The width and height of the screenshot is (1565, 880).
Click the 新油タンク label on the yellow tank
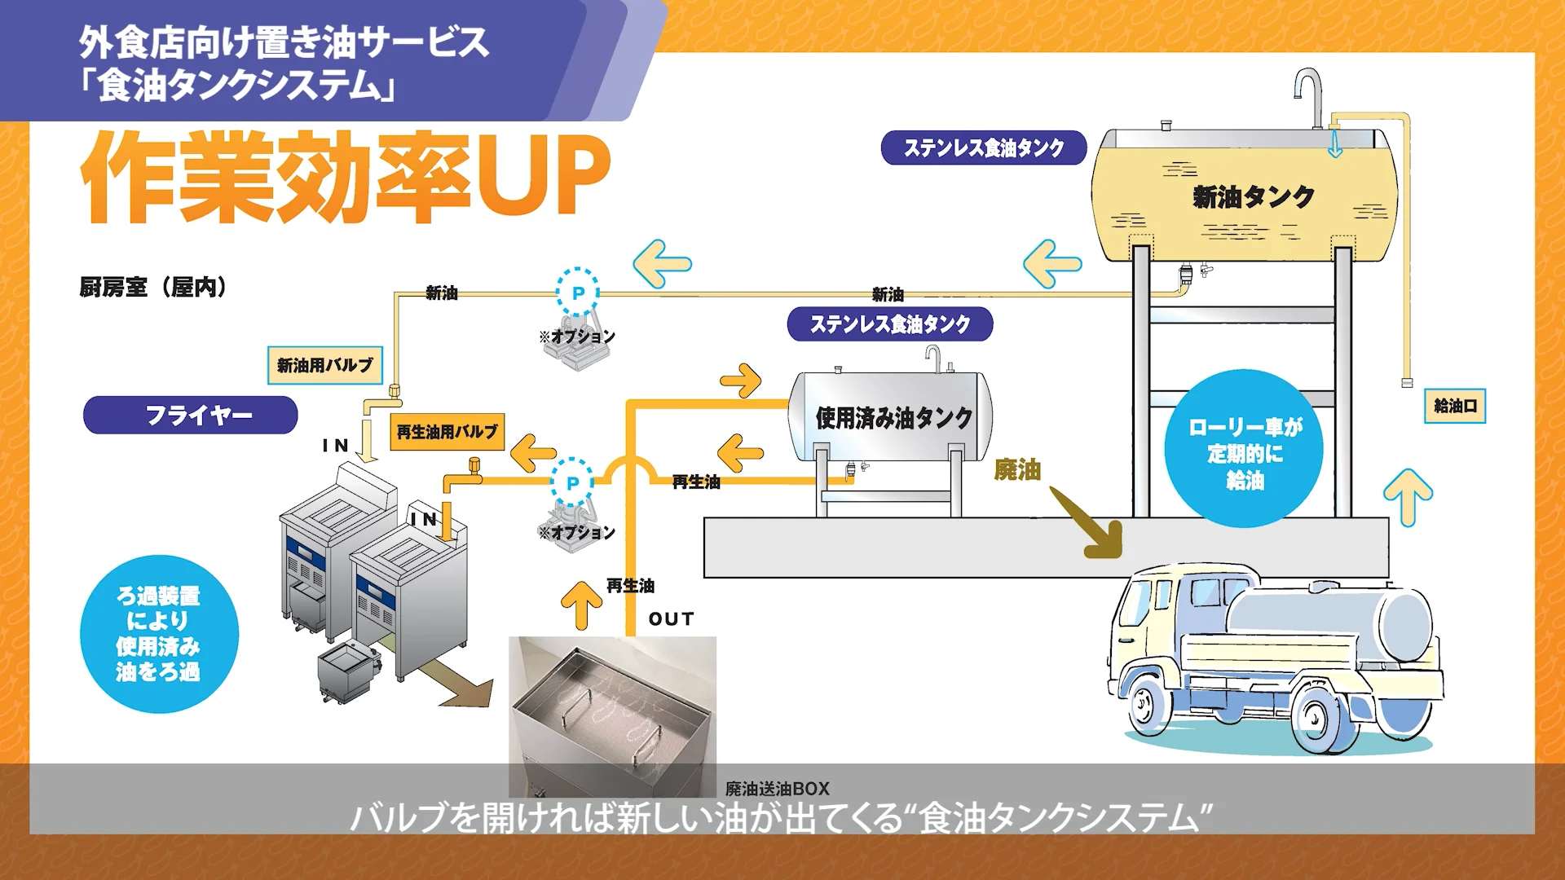[x=1253, y=196]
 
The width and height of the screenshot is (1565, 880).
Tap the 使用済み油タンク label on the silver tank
[x=893, y=418]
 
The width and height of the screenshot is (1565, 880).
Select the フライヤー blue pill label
[x=191, y=416]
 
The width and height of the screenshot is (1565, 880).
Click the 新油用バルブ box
[x=325, y=365]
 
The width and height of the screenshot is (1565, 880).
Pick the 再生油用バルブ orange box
[x=447, y=432]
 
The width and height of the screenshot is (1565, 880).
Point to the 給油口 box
[x=1455, y=406]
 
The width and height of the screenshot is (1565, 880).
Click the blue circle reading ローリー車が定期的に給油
[x=1244, y=450]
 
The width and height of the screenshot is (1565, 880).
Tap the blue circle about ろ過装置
[x=159, y=634]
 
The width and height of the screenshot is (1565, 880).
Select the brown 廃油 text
[x=1017, y=470]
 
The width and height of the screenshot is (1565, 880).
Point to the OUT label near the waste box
[x=671, y=619]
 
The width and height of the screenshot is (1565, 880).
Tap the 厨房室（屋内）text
[x=152, y=287]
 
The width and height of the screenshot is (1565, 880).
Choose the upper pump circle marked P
[x=578, y=293]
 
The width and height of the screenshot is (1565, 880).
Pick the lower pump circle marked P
[x=572, y=483]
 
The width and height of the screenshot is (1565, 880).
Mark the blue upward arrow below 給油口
[x=1408, y=496]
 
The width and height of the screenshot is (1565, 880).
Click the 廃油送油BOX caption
[x=778, y=789]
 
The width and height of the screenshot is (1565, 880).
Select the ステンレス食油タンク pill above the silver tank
[x=890, y=324]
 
